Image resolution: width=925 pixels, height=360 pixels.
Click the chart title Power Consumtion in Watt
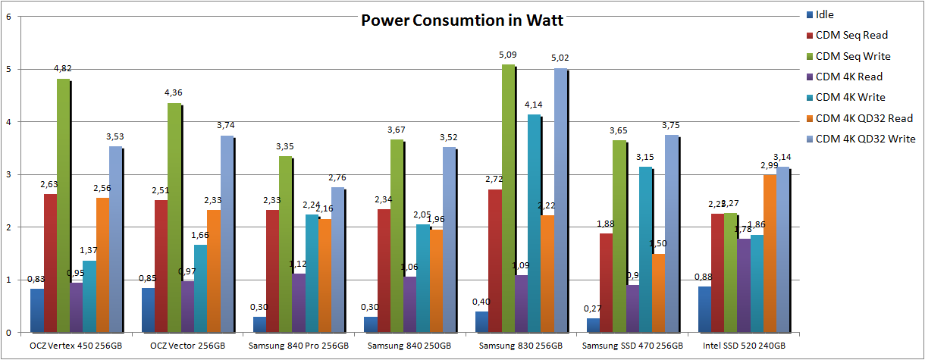462,20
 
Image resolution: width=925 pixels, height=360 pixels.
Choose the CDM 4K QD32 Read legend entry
864,117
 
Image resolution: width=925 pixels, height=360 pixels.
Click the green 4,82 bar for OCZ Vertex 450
63,205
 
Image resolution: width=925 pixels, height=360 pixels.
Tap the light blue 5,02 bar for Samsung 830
560,200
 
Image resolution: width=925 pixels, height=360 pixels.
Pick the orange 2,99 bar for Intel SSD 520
770,254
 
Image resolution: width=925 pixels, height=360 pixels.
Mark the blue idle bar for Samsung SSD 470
592,325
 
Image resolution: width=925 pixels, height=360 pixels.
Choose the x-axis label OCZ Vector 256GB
189,346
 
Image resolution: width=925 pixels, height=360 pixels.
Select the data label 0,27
592,308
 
